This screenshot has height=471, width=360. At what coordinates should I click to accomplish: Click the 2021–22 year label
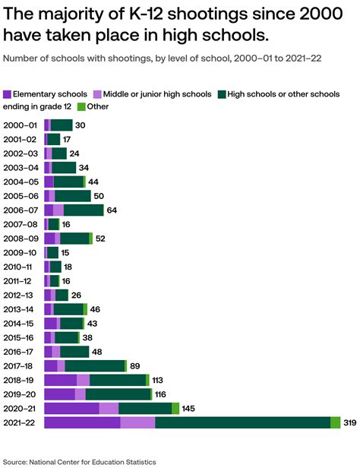pos(19,423)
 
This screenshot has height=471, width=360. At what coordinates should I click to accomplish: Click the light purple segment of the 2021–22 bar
pos(137,423)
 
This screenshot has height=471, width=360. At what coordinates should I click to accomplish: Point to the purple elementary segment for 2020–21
pos(71,409)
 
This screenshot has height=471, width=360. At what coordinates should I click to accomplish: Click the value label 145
pos(189,409)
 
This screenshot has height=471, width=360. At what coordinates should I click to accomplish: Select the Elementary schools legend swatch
pos(8,94)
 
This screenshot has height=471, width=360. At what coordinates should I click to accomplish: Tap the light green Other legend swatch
pos(81,106)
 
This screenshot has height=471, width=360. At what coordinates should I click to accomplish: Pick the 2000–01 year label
pos(19,125)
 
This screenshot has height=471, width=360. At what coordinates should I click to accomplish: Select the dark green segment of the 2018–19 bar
pos(118,380)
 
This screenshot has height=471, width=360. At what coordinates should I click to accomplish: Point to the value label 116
pos(163,394)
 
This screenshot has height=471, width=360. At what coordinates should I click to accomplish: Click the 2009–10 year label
pos(19,252)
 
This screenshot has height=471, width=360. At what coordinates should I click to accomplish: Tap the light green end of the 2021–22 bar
pos(336,423)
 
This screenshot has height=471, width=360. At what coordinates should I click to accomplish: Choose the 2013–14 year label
pos(19,309)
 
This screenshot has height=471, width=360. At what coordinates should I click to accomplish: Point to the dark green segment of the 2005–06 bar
pos(73,196)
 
